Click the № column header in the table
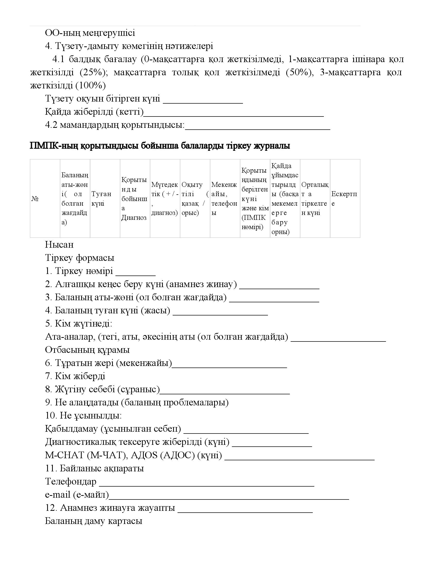35,199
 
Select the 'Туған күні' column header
101,199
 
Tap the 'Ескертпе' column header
344,199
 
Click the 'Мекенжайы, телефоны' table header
224,199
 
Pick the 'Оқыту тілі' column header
195,199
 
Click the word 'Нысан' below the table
59,245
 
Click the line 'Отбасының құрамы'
87,350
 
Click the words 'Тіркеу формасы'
80,258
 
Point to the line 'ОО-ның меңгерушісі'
90,33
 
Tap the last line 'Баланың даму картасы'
94,521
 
